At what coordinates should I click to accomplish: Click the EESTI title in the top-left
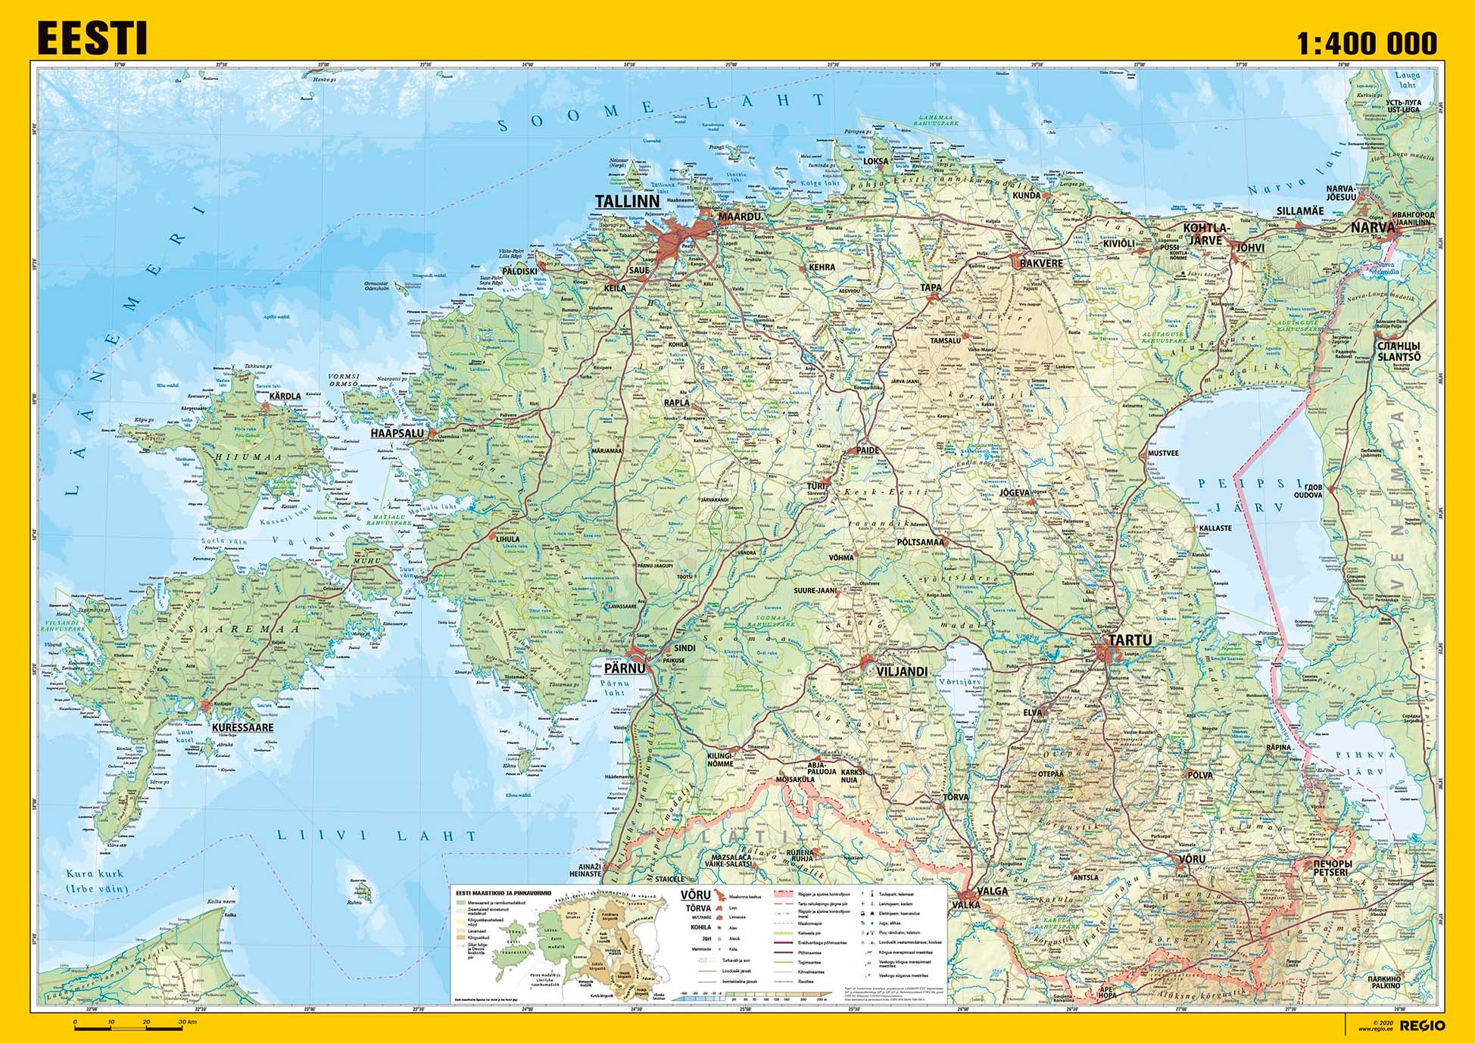(x=92, y=39)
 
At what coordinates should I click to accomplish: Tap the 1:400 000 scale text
(x=1366, y=43)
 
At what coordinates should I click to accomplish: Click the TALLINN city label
(x=627, y=202)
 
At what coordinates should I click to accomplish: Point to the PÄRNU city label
(x=625, y=668)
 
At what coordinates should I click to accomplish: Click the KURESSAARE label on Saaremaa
(x=242, y=727)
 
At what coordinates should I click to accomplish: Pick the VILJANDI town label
(x=901, y=671)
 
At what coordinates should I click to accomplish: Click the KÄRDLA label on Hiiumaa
(x=285, y=396)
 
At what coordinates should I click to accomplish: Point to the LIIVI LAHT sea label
(x=376, y=836)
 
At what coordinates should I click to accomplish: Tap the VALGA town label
(x=992, y=891)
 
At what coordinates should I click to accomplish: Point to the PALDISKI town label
(x=519, y=271)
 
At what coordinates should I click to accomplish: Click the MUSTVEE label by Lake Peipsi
(x=1163, y=453)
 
